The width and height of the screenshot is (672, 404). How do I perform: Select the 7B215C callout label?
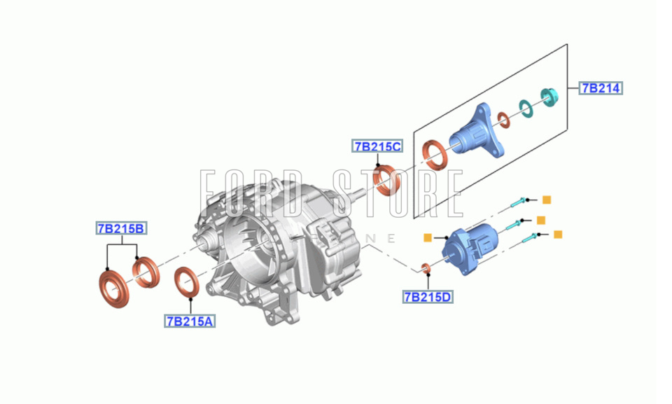click(377, 146)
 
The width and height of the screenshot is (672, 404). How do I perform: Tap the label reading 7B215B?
click(121, 228)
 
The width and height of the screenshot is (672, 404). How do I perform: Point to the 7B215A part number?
click(190, 321)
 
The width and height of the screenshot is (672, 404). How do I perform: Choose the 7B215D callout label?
click(428, 297)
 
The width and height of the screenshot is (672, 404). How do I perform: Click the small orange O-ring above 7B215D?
click(425, 268)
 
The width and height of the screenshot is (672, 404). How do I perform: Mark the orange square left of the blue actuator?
click(427, 237)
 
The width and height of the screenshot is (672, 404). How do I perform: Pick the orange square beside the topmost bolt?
click(547, 200)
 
